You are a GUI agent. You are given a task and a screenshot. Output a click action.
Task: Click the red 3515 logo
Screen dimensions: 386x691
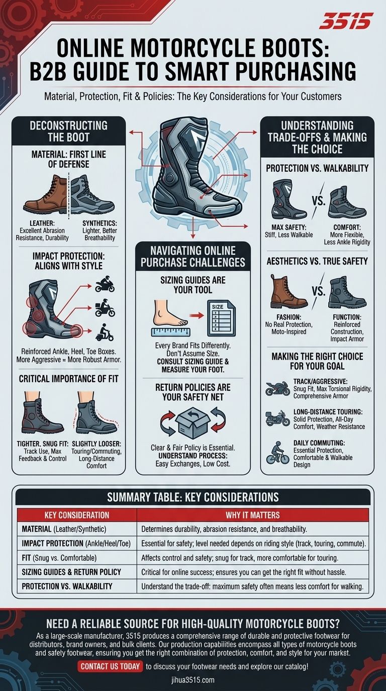point(346,21)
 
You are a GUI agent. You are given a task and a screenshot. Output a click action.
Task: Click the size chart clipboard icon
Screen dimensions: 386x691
point(221,318)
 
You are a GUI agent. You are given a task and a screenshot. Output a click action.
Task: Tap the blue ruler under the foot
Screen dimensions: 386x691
point(171,332)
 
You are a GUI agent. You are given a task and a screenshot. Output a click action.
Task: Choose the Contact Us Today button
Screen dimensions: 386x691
point(110,666)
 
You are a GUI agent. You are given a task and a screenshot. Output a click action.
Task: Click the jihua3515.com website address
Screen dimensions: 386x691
point(192,679)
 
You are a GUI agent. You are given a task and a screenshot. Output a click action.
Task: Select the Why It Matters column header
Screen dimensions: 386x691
point(253,515)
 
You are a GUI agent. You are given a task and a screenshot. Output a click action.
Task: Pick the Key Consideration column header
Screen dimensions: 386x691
point(76,515)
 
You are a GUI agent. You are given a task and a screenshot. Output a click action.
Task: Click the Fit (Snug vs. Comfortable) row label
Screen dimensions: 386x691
point(59,558)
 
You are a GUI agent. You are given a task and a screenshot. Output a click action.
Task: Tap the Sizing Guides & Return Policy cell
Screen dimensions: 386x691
point(71,572)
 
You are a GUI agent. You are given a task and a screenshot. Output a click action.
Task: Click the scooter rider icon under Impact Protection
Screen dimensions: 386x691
point(105,332)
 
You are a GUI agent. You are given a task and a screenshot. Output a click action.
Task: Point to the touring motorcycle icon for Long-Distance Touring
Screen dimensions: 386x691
point(277,418)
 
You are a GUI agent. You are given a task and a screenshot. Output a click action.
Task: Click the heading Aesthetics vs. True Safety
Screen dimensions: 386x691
point(317,261)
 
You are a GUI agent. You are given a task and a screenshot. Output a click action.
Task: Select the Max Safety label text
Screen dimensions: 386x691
point(288,227)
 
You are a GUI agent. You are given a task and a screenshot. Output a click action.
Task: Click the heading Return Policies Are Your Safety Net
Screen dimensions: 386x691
point(192,392)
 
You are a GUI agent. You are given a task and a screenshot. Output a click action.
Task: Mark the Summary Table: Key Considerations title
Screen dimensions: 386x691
point(192,497)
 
